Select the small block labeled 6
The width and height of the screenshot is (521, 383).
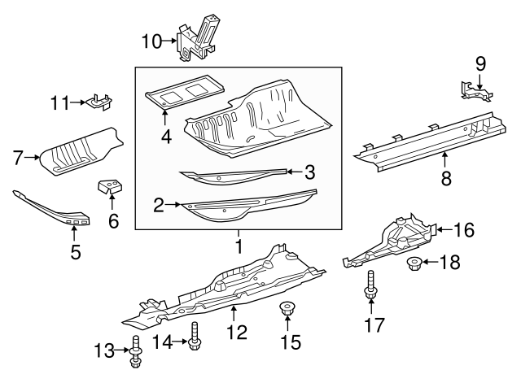tap(108, 188)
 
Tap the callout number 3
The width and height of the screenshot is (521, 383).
tap(309, 172)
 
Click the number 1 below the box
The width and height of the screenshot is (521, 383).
tap(239, 245)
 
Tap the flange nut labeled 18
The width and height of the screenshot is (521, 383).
tap(412, 263)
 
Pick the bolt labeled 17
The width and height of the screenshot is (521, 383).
tap(370, 281)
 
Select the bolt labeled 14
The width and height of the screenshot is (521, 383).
tap(194, 336)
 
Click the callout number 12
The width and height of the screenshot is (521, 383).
tap(235, 332)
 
